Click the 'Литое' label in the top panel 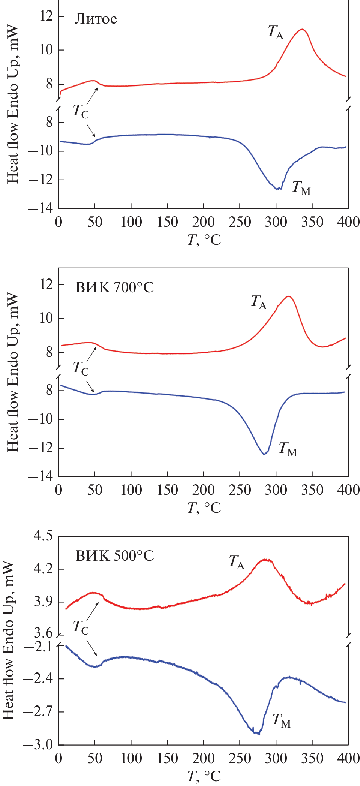tap(96, 19)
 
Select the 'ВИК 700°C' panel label tap(115, 287)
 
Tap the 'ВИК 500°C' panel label tap(115, 556)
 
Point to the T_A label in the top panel tap(276, 32)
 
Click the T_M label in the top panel tap(301, 187)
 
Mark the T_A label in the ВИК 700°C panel tap(259, 302)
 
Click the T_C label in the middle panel tap(81, 368)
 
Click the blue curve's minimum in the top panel tap(277, 189)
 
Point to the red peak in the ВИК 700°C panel tap(288, 296)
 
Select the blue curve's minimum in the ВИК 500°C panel tap(257, 733)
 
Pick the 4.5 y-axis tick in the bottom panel tap(43, 536)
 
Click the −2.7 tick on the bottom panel tap(37, 711)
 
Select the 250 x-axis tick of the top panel tap(240, 222)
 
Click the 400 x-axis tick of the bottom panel tap(348, 758)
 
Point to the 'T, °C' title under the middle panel tap(204, 508)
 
